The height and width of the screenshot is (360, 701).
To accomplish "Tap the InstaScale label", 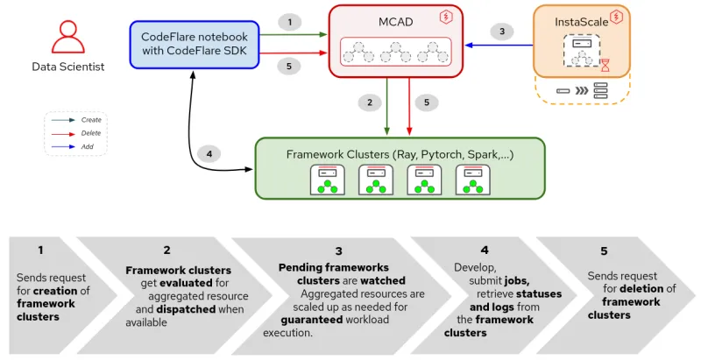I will (581, 22).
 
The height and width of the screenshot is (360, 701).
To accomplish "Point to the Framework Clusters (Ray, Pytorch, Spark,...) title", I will (400, 155).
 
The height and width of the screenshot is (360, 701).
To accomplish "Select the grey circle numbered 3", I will (501, 32).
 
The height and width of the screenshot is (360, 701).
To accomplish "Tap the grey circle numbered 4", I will (209, 154).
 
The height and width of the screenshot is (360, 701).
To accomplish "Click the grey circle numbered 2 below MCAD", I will (370, 102).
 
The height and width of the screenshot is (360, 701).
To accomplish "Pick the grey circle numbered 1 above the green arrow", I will (290, 21).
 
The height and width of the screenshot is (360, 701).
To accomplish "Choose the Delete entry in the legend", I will (90, 133).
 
